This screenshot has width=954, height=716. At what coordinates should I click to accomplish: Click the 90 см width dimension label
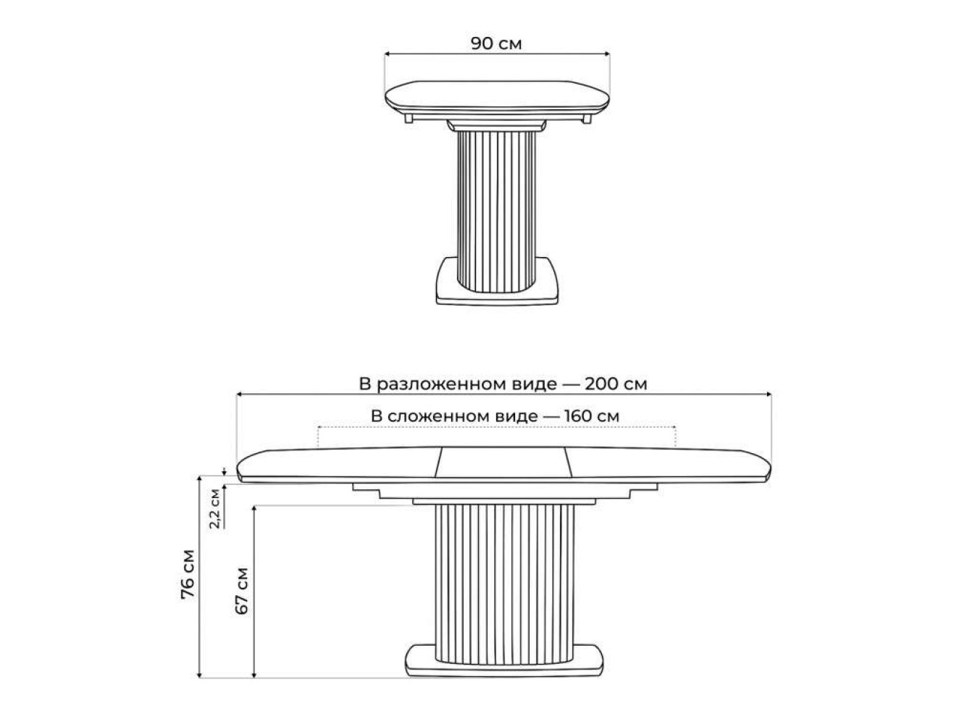coord(496,43)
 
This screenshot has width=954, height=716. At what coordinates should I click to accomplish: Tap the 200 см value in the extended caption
coord(616,384)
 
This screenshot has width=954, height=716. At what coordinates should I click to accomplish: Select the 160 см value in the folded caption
coord(592,416)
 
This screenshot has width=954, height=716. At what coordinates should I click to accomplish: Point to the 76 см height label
coord(188,574)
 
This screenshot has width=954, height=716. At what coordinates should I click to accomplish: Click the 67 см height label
coord(242,591)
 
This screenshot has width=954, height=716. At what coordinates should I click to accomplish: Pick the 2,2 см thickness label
coord(215,508)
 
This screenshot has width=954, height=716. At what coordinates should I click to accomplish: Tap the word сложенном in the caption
coord(462,416)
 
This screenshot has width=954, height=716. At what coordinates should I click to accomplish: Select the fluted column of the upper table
coord(497,211)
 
